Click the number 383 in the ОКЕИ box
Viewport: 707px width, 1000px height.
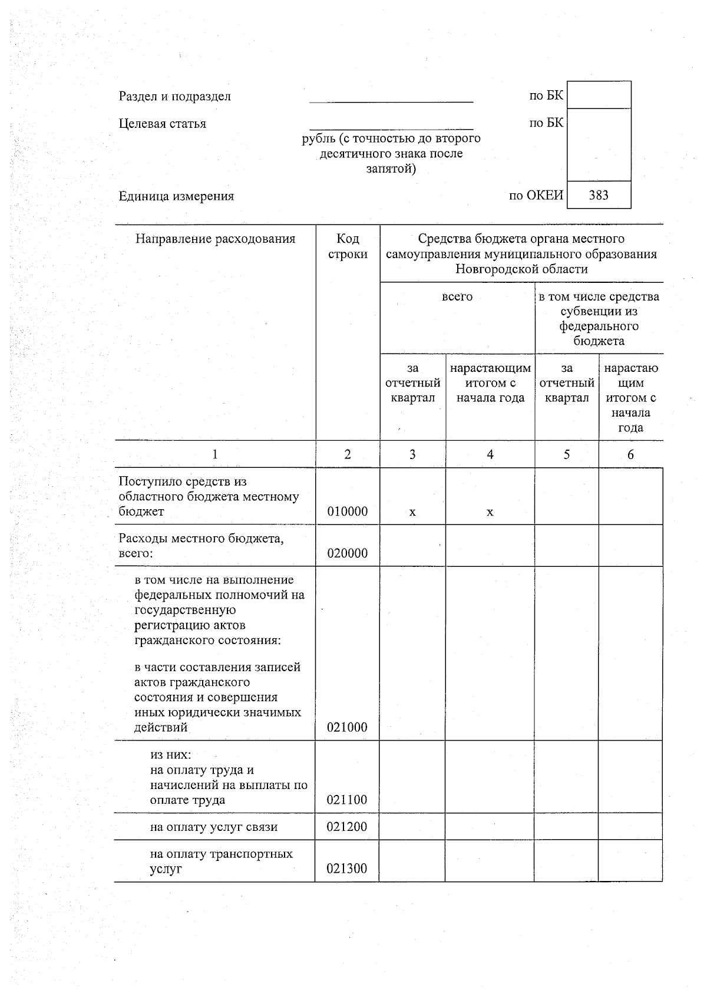tap(598, 195)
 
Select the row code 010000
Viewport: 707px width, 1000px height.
tap(347, 511)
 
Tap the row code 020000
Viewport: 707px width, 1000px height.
tap(347, 553)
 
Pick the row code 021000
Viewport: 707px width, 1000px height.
tap(347, 727)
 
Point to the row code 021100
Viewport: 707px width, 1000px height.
tap(347, 800)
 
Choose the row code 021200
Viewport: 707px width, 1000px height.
tap(347, 827)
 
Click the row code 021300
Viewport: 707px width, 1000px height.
tap(347, 869)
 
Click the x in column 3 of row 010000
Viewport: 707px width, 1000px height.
tap(412, 513)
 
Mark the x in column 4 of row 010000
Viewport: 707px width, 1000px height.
tap(490, 513)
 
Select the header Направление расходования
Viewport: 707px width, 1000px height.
tap(215, 239)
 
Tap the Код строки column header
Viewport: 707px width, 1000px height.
tap(348, 246)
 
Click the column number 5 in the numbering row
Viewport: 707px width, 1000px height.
tap(566, 454)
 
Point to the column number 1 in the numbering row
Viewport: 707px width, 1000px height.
tap(215, 454)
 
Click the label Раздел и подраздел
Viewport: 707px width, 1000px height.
tap(175, 97)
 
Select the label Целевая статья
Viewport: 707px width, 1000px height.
tap(163, 124)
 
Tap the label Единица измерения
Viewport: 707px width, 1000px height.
tap(176, 196)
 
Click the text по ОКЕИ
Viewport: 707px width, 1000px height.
tap(536, 196)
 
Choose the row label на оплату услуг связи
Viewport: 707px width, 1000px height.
tap(213, 827)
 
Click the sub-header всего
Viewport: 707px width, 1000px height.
tap(457, 297)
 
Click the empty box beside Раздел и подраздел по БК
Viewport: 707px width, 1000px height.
tap(599, 95)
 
